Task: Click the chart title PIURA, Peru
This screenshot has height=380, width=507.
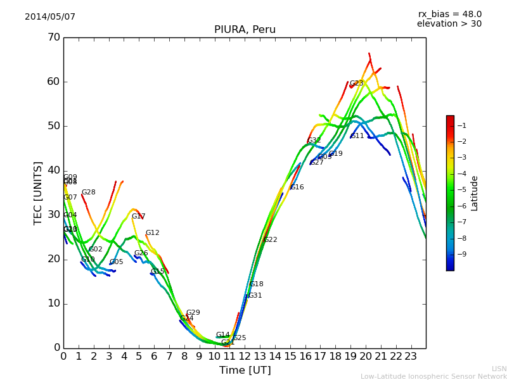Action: tap(245, 30)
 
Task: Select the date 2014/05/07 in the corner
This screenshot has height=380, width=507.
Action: tap(50, 16)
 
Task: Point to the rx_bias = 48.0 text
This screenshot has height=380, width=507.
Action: tap(449, 14)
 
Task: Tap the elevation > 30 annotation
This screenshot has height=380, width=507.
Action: tap(449, 24)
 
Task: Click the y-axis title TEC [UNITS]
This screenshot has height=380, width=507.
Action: tap(38, 193)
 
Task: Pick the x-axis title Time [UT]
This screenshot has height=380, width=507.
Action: tap(245, 370)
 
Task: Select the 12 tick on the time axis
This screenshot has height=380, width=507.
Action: tap(245, 356)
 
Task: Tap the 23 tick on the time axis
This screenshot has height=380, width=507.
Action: tap(411, 356)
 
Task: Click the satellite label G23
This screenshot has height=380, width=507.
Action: tap(357, 84)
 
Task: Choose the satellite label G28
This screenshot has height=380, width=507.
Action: tap(89, 193)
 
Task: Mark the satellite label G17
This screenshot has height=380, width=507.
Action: tap(138, 217)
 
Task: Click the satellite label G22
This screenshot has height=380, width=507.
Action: tap(271, 240)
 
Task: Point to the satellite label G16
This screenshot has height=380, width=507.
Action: tap(297, 187)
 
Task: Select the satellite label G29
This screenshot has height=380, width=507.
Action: tap(193, 313)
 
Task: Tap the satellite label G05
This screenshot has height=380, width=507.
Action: tap(117, 262)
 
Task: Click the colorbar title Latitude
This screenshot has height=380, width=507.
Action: tap(474, 193)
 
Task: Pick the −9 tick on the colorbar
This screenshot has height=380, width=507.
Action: tap(462, 254)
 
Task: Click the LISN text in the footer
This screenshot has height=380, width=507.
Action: tap(499, 369)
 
